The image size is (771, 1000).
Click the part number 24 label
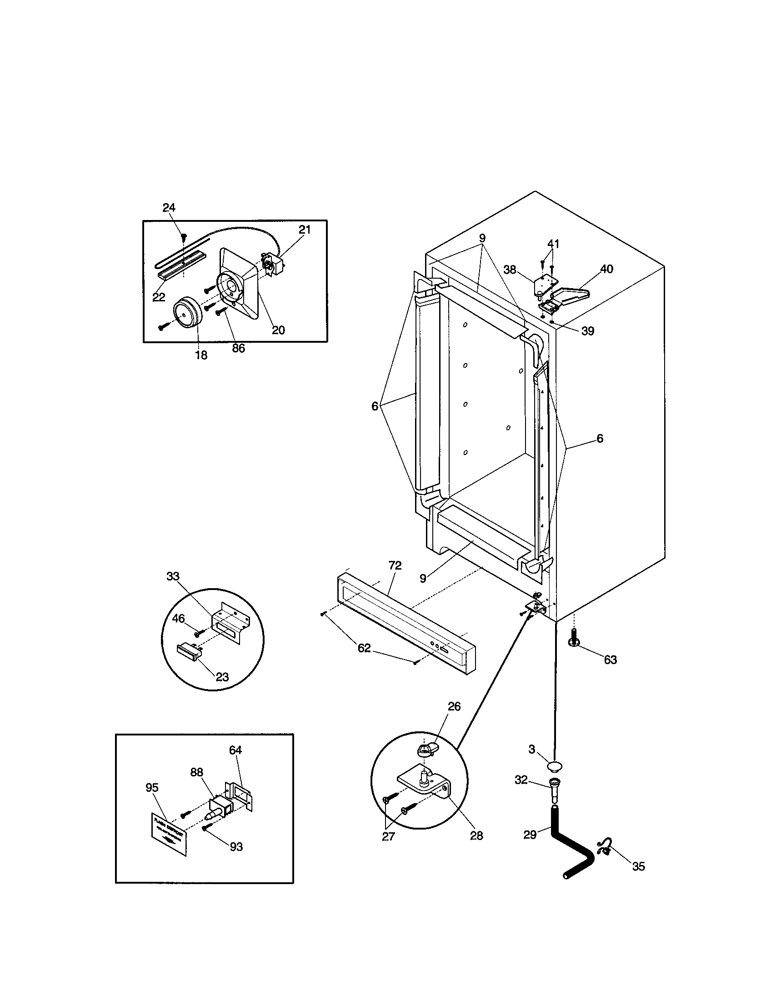[x=169, y=208]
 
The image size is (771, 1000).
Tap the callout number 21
[x=305, y=230]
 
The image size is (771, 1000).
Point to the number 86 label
[x=239, y=349]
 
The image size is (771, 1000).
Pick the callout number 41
[x=554, y=244]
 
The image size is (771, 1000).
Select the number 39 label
[x=587, y=331]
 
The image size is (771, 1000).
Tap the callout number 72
[x=395, y=566]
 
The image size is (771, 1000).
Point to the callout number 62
[x=364, y=648]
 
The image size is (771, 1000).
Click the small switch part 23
[x=189, y=650]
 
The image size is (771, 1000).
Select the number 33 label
[x=173, y=576]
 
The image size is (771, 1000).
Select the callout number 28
[x=476, y=836]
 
